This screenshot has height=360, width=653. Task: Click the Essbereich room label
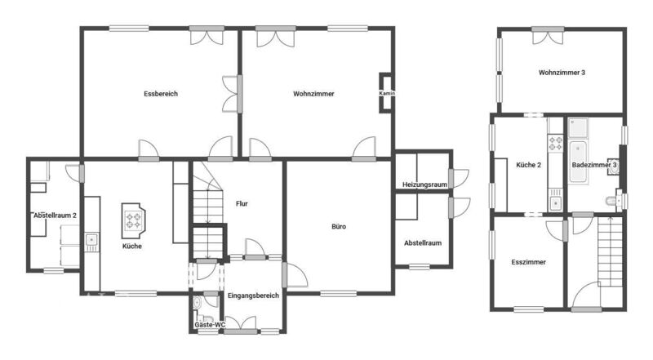click(161, 94)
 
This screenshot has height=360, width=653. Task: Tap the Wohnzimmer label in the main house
click(313, 94)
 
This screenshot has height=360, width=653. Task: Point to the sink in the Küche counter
click(91, 240)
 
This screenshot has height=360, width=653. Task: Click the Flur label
click(242, 204)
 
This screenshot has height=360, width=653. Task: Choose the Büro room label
click(339, 227)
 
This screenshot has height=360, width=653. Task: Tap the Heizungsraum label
click(424, 184)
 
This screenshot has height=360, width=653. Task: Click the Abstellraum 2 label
click(55, 216)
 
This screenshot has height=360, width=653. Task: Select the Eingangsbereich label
click(253, 296)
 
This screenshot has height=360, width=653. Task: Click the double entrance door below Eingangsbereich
click(240, 325)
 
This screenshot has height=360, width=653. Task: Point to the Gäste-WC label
click(210, 325)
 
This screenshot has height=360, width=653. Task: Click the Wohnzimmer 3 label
click(562, 73)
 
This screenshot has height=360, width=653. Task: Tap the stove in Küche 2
click(555, 143)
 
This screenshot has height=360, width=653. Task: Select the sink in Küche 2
click(555, 203)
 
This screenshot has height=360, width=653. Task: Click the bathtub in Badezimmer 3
click(578, 162)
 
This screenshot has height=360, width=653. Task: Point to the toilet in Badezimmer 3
click(611, 202)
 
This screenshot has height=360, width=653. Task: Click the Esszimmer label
click(528, 262)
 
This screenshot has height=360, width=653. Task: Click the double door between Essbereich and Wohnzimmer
click(233, 94)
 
